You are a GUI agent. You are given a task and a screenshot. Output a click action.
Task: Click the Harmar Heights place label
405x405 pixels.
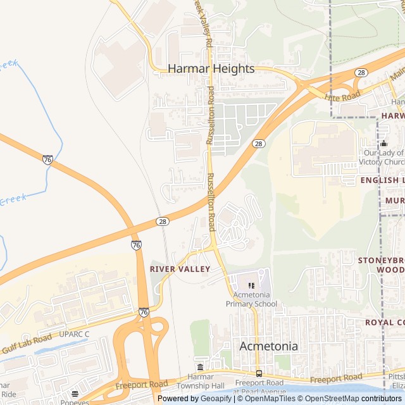[x=211, y=68]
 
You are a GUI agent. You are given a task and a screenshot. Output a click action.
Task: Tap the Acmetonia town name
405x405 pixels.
[x=268, y=346]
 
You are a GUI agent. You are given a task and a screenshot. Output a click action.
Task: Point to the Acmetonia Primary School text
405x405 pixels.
[x=251, y=299]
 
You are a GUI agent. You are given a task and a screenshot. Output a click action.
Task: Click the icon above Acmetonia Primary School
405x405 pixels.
[x=251, y=285]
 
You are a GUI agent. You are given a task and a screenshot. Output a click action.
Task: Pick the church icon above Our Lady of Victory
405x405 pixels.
[x=383, y=144]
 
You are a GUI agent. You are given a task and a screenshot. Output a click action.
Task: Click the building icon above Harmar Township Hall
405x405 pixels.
[x=201, y=368]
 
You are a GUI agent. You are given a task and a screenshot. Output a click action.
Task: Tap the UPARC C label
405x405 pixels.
[x=74, y=333]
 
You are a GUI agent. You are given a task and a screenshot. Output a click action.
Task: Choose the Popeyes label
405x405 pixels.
[x=75, y=402]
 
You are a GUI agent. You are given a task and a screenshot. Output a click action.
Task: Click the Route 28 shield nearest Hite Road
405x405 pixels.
[x=361, y=73]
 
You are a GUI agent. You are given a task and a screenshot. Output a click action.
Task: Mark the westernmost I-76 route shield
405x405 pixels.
[x=47, y=159]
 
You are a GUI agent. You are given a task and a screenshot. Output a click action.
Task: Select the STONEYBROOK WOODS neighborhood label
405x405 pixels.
[x=380, y=265]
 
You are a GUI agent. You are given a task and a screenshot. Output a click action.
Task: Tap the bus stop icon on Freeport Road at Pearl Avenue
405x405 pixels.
[x=259, y=373]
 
